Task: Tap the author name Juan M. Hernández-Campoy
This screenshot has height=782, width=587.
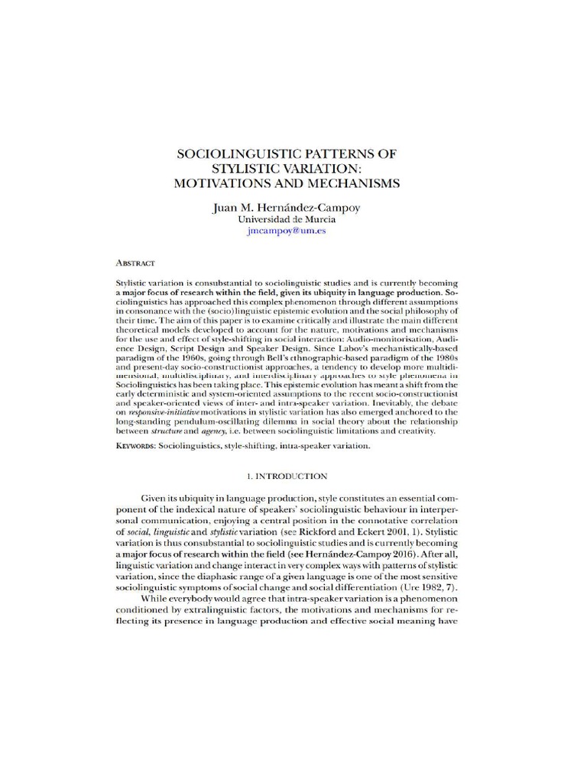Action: pyautogui.click(x=286, y=206)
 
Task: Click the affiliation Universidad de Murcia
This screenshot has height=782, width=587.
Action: pyautogui.click(x=286, y=219)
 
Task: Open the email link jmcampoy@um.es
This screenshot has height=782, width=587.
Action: pyautogui.click(x=286, y=231)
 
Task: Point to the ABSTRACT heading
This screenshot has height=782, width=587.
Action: pyautogui.click(x=135, y=262)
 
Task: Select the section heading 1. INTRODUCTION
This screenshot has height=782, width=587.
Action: pyautogui.click(x=286, y=476)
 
